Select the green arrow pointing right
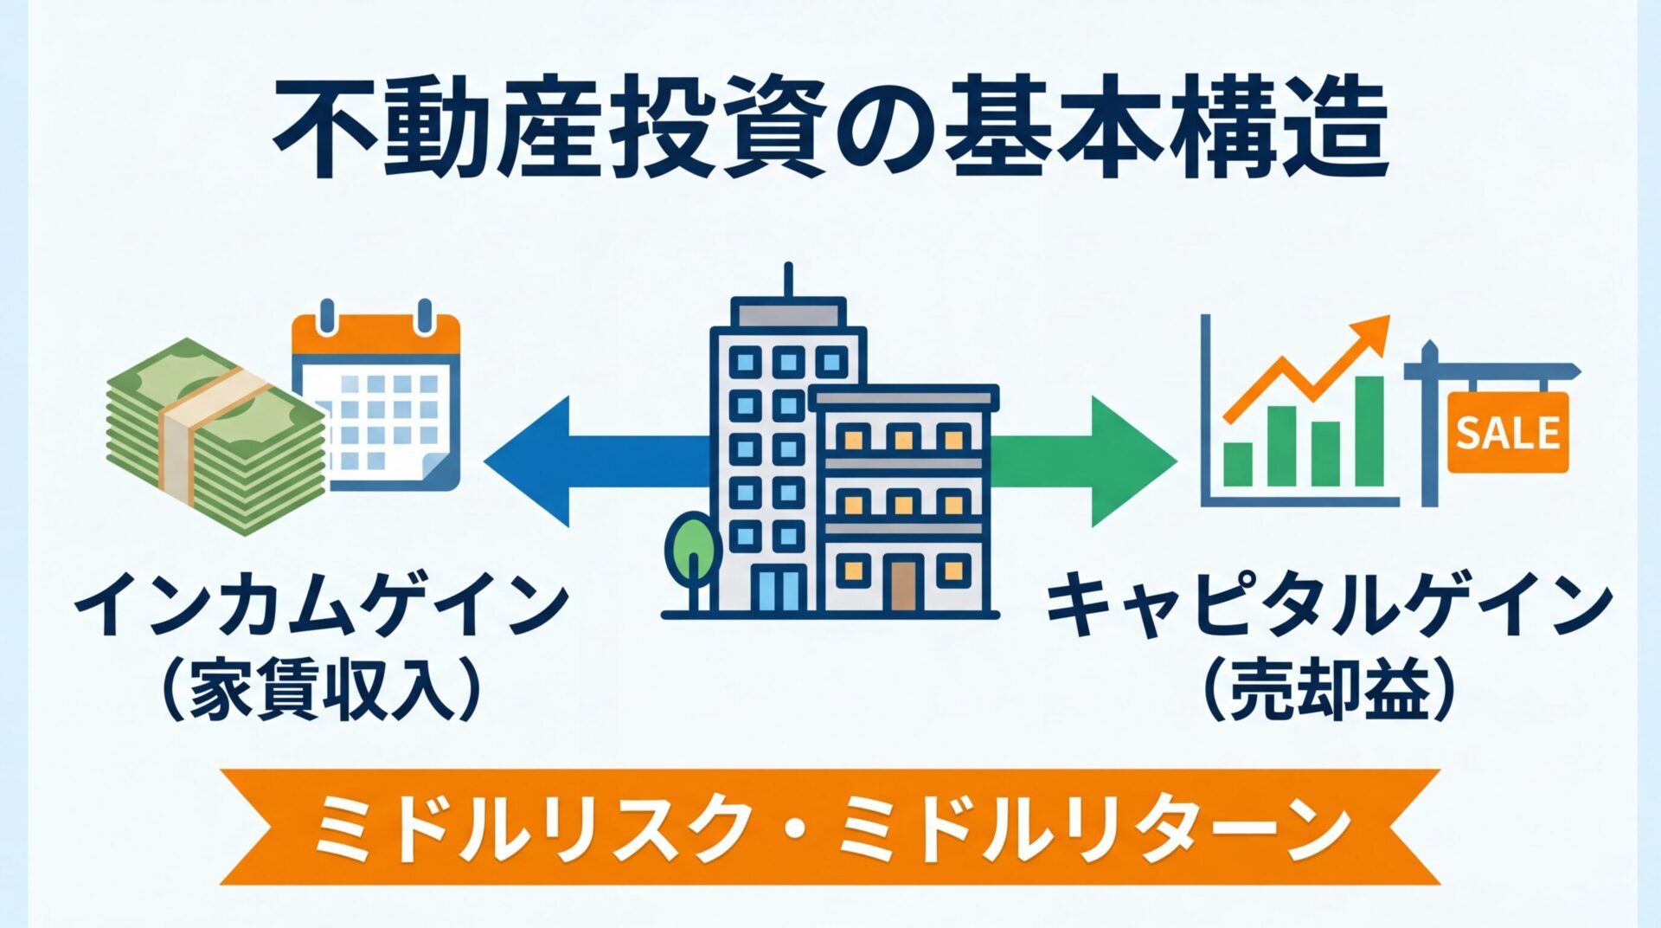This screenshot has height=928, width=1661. click(1099, 461)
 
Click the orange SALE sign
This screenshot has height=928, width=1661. click(1507, 432)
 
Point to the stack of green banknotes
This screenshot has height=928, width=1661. click(216, 441)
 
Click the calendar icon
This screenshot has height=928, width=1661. click(376, 398)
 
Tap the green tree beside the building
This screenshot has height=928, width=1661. click(691, 542)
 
